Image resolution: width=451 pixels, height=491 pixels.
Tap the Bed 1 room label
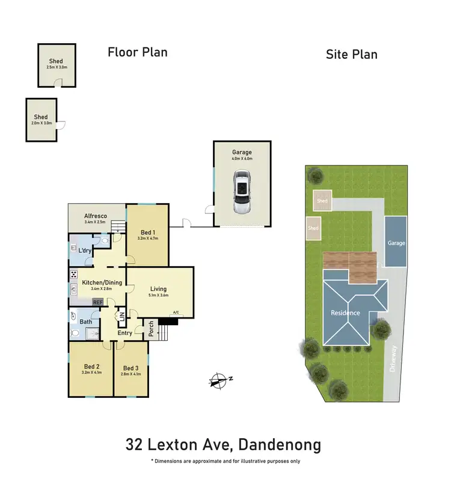[x=147, y=233]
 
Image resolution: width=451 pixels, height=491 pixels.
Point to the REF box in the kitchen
[x=97, y=302]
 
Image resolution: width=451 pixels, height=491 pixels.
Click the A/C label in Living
[x=176, y=313]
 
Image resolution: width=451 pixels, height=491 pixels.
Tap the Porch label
[x=152, y=329]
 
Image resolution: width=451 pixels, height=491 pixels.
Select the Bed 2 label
[x=91, y=366]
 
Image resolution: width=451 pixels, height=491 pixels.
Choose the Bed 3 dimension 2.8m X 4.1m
[x=130, y=374]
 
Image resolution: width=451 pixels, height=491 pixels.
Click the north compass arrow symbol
[x=219, y=379]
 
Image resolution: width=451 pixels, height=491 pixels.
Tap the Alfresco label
[x=95, y=216]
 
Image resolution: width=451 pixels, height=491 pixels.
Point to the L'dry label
[x=85, y=250]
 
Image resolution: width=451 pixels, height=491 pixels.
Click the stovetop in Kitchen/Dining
[x=73, y=275]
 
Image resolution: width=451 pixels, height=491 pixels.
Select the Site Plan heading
[x=351, y=55]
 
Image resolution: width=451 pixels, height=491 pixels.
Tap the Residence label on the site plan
[x=345, y=313]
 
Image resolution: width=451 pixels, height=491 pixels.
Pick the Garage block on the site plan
[x=396, y=243]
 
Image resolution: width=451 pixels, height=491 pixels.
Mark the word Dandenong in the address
[x=280, y=445]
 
